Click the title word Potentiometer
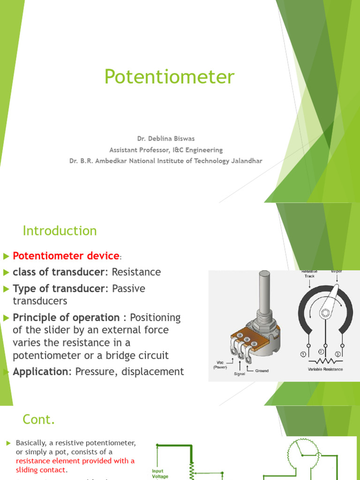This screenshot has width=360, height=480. [x=169, y=77]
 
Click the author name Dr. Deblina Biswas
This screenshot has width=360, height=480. [x=165, y=139]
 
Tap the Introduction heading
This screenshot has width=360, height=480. [x=60, y=231]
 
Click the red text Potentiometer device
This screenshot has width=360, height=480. [x=66, y=256]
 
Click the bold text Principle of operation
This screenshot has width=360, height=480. [x=66, y=318]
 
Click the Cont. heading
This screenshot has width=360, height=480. [x=39, y=420]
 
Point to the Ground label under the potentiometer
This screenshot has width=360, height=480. [x=262, y=371]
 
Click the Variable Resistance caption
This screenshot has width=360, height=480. [x=325, y=369]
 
